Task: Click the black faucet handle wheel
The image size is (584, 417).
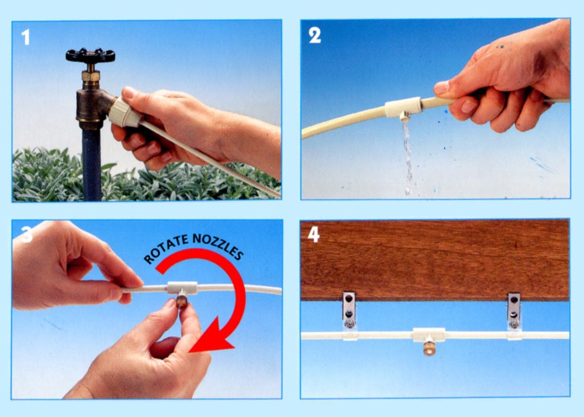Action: (x=90, y=56)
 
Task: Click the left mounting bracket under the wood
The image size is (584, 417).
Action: (x=349, y=310)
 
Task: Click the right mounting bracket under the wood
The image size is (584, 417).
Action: (x=514, y=310)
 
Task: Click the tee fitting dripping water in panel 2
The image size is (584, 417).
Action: (x=403, y=109)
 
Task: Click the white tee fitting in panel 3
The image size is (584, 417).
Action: (x=182, y=287)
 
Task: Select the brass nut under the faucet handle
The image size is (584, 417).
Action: (x=90, y=75)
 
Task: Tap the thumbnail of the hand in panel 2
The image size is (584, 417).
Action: (x=441, y=88)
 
